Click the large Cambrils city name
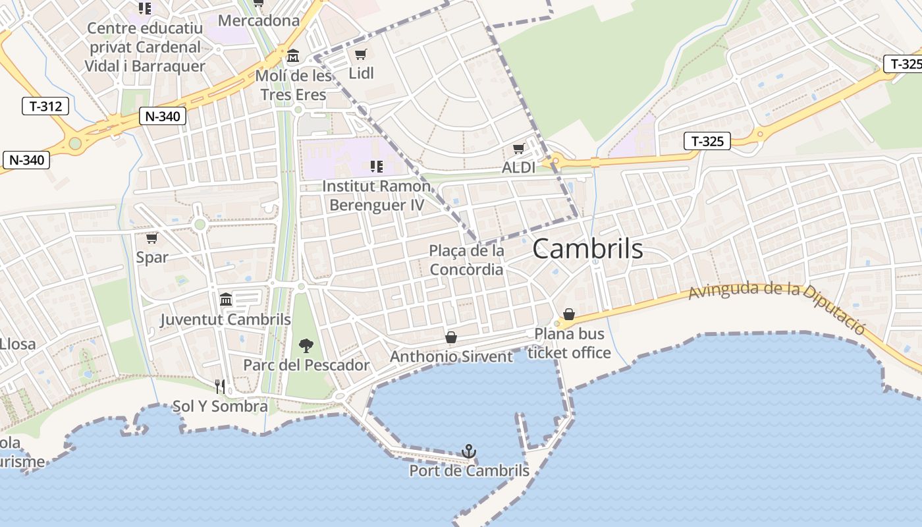(587, 249)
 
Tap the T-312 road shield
(45, 105)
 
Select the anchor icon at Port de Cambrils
(469, 451)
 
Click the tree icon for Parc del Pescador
(306, 345)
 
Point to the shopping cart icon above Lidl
(360, 54)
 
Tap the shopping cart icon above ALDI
(519, 149)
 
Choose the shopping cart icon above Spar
(152, 238)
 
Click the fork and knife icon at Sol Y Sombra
(220, 386)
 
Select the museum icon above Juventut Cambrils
(226, 300)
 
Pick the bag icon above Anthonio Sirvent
(451, 337)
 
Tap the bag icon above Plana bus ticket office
(569, 315)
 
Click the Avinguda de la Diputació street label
(777, 304)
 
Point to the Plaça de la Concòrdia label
(466, 260)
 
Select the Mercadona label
(259, 20)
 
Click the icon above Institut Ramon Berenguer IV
(377, 166)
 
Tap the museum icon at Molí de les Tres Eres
(293, 56)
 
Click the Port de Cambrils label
(469, 471)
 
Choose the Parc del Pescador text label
(306, 365)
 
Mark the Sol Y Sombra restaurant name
(220, 406)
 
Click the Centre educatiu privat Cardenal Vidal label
(145, 47)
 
